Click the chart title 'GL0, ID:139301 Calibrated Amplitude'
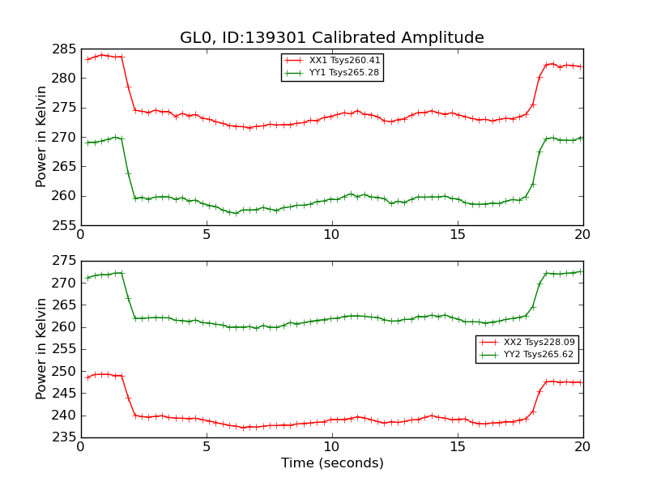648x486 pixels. pyautogui.click(x=332, y=38)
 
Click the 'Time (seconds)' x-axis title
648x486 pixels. pyautogui.click(x=332, y=463)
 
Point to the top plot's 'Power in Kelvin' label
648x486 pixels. pyautogui.click(x=41, y=136)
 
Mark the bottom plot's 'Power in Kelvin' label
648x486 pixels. pyautogui.click(x=41, y=348)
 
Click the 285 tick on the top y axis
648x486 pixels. pyautogui.click(x=64, y=49)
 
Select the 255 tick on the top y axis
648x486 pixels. pyautogui.click(x=64, y=225)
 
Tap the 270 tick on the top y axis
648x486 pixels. pyautogui.click(x=64, y=137)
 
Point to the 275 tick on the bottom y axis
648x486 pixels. pyautogui.click(x=64, y=261)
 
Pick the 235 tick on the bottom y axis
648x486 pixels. pyautogui.click(x=64, y=437)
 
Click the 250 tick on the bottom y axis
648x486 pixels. pyautogui.click(x=64, y=371)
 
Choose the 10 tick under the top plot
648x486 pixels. pyautogui.click(x=332, y=235)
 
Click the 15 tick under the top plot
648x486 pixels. pyautogui.click(x=458, y=235)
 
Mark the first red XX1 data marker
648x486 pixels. pyautogui.click(x=87, y=59)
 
